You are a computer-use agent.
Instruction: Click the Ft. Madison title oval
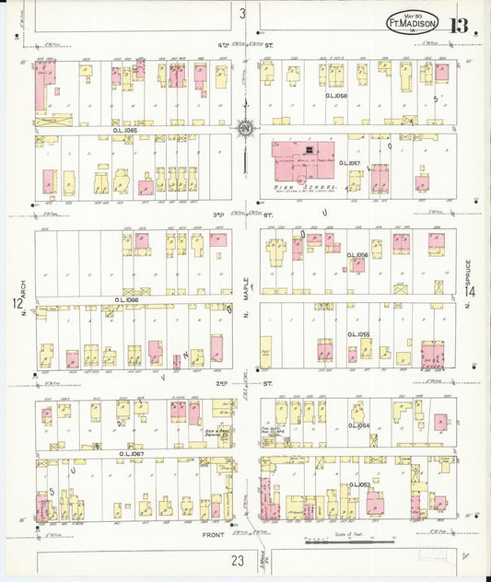tap(412, 23)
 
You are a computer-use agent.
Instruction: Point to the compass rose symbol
tap(246, 129)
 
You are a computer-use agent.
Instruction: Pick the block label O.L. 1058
tap(336, 95)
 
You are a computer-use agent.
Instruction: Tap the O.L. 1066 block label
tap(127, 299)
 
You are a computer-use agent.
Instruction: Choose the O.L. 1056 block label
tap(357, 255)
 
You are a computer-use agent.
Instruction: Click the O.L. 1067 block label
tap(132, 453)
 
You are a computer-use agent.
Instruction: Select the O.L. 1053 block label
tap(358, 484)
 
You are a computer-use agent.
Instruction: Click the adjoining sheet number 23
tap(238, 558)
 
